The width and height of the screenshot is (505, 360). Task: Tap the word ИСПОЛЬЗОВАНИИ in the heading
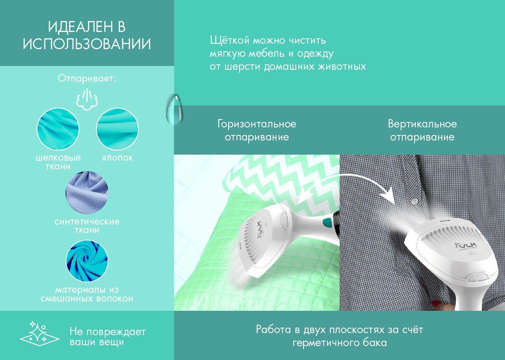[87, 44]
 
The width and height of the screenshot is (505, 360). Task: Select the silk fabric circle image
[58, 129]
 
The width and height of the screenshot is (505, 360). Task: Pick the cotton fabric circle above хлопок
[117, 129]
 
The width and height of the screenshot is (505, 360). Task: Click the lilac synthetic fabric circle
[87, 193]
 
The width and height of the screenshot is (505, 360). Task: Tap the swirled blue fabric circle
[87, 261]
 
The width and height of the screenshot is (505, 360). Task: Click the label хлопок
[117, 158]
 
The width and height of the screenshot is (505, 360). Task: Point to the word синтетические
[87, 222]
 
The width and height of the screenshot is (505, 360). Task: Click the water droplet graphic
[175, 109]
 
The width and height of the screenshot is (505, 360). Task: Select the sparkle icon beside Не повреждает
[40, 334]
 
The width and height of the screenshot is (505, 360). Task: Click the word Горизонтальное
[257, 124]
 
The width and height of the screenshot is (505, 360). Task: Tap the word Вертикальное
[422, 124]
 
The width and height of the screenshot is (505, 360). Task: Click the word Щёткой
[230, 40]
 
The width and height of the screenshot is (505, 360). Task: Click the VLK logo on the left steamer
[260, 229]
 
